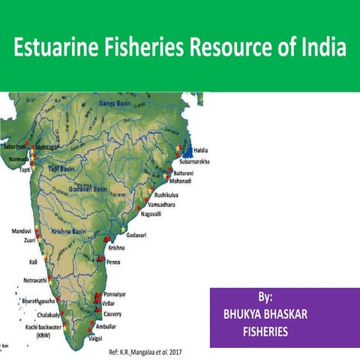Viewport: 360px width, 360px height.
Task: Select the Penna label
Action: click(x=113, y=262)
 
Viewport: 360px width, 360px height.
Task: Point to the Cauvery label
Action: click(x=112, y=313)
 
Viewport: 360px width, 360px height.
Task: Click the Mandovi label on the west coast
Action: click(x=22, y=232)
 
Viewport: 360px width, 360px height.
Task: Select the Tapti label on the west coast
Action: click(x=25, y=169)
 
